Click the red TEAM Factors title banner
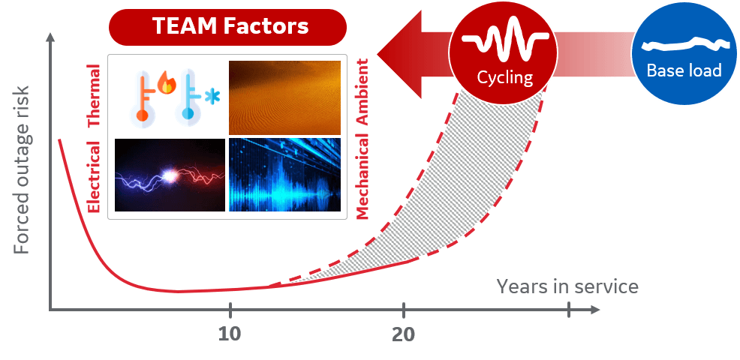tap(227, 27)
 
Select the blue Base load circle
tap(684, 52)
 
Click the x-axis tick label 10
tap(230, 334)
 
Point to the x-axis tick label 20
tap(404, 334)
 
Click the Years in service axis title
tap(567, 286)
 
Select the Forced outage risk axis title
tap(22, 169)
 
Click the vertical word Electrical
tap(94, 177)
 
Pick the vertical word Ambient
tap(362, 91)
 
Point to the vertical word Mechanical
tap(362, 176)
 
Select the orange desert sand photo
tap(284, 97)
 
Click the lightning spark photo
tap(170, 175)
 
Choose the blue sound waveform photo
tap(284, 175)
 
